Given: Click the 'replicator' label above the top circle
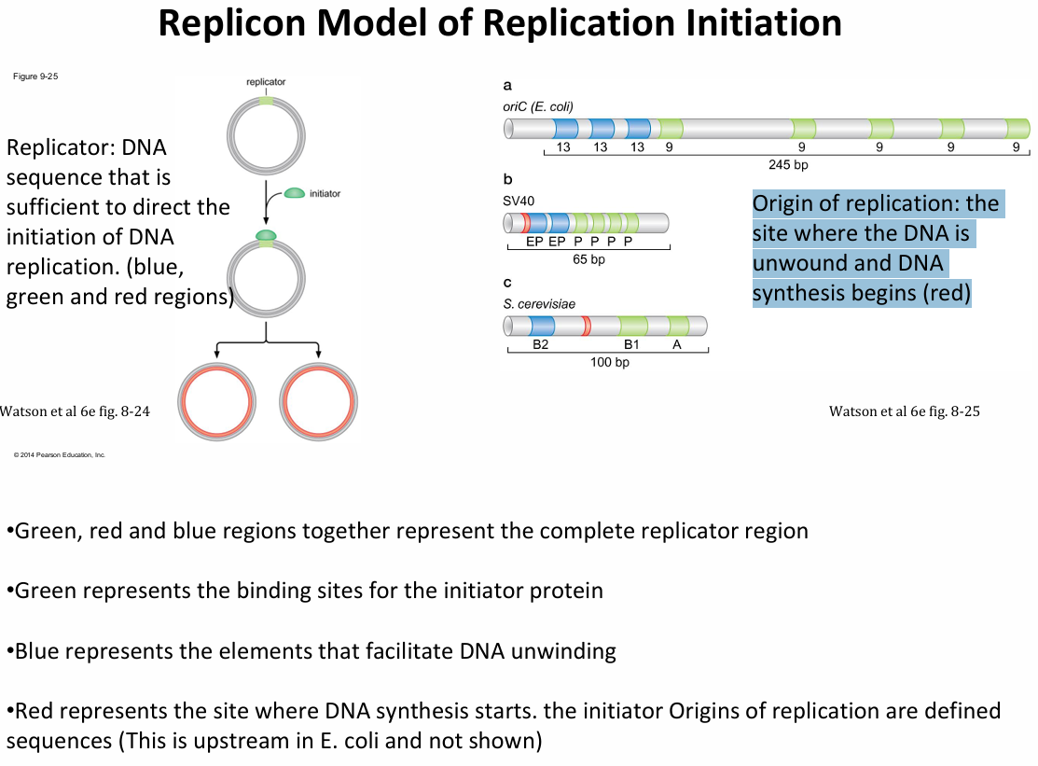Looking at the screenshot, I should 266,82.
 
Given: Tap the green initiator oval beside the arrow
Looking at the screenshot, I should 294,192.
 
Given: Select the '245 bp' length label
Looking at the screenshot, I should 788,164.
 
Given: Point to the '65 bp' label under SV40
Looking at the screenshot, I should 588,259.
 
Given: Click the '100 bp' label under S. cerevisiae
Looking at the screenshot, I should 609,362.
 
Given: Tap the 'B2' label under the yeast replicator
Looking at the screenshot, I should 541,344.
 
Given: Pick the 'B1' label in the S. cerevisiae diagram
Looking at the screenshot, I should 631,344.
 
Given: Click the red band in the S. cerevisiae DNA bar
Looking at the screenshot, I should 586,326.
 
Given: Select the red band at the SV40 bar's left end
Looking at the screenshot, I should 526,223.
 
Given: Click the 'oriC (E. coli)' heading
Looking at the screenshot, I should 537,106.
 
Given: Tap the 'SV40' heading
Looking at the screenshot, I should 519,200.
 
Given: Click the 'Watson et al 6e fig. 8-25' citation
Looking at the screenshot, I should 904,411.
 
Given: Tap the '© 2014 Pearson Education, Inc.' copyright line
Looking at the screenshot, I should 60,454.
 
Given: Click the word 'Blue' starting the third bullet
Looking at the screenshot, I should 37,650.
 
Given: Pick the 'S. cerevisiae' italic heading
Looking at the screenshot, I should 539,303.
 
